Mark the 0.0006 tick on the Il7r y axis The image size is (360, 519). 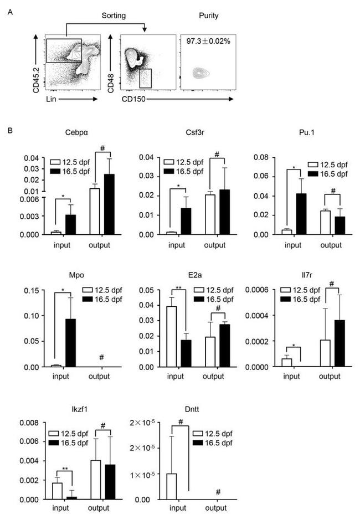[267, 290]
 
